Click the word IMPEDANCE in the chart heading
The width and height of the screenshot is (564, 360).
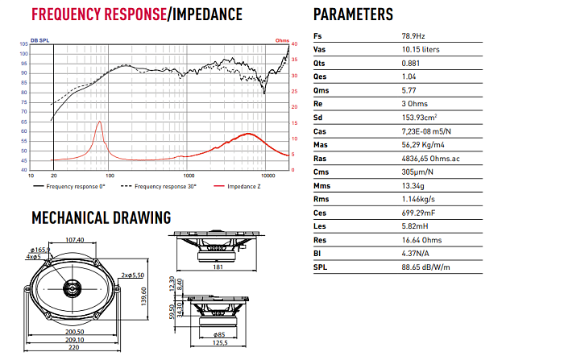click(x=207, y=14)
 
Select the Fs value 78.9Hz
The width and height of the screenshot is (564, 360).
click(x=413, y=36)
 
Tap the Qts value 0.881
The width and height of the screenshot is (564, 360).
click(x=410, y=64)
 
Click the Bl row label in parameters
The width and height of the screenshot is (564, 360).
click(x=317, y=254)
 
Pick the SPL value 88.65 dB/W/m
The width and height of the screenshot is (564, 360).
click(x=426, y=267)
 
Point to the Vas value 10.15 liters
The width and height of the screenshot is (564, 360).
click(x=421, y=50)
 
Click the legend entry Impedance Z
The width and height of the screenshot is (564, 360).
click(x=243, y=186)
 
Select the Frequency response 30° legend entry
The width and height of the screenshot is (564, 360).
click(x=165, y=186)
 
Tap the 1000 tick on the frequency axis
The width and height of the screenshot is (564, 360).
click(x=189, y=176)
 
